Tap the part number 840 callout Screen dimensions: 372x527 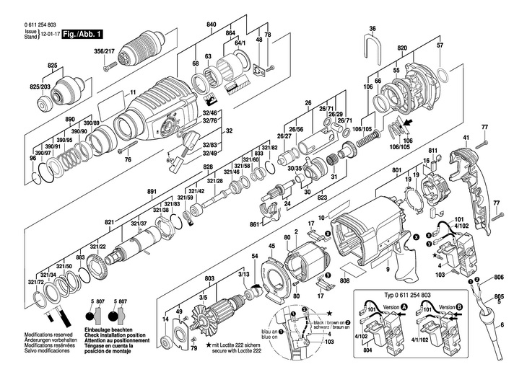(x=211, y=25)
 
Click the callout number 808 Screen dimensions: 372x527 (x=344, y=280)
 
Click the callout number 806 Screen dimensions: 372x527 (x=499, y=277)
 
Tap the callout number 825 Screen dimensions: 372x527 (x=51, y=66)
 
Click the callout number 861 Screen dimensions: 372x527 (x=254, y=224)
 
